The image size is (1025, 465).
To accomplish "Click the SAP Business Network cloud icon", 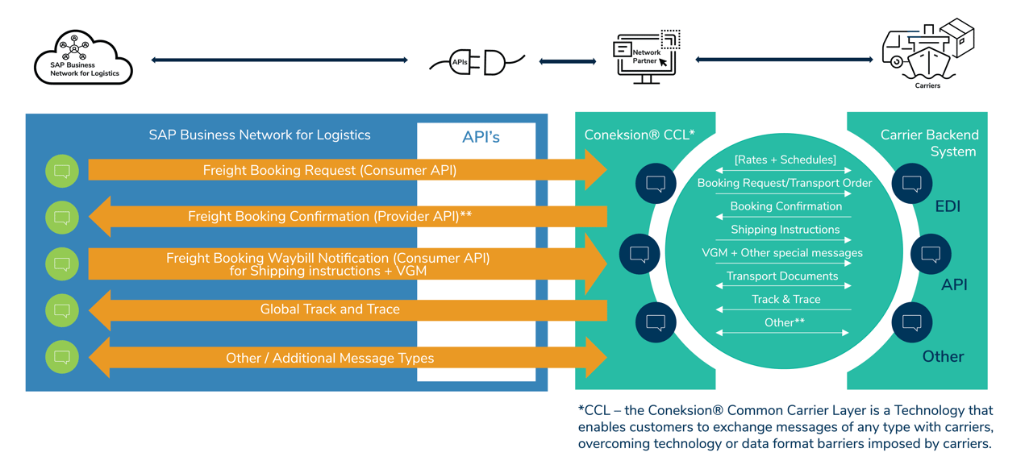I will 83,58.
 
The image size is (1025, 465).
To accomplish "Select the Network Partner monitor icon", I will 646,56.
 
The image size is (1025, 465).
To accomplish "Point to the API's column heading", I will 481,138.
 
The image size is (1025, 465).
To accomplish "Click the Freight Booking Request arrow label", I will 329,170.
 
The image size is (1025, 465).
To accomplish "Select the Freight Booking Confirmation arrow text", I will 329,216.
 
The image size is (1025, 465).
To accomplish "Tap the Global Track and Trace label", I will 329,309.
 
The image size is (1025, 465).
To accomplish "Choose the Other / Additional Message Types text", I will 329,358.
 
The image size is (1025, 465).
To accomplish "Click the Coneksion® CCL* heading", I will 639,135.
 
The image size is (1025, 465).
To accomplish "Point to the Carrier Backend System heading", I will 929,143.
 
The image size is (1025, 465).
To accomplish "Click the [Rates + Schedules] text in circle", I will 785,160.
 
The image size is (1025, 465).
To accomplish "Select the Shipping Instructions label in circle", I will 785,230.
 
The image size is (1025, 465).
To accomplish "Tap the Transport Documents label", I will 782,276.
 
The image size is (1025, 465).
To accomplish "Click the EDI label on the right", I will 947,207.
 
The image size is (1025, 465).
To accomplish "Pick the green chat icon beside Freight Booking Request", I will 62,171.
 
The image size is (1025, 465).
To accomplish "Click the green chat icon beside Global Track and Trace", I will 62,310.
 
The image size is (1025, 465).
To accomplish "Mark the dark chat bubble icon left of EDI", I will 912,184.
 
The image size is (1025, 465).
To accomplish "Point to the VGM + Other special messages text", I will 781,253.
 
